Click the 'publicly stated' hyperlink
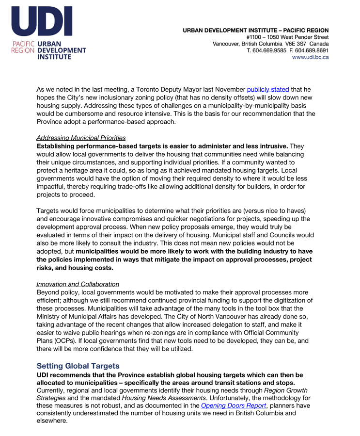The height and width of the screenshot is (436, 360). click(x=267, y=89)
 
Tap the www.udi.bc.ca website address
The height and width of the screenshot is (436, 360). click(x=310, y=57)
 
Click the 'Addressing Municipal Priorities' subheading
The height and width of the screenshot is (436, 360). click(x=81, y=138)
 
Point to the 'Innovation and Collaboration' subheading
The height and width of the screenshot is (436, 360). click(x=78, y=284)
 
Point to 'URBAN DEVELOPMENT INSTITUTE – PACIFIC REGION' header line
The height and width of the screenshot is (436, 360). click(x=255, y=30)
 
